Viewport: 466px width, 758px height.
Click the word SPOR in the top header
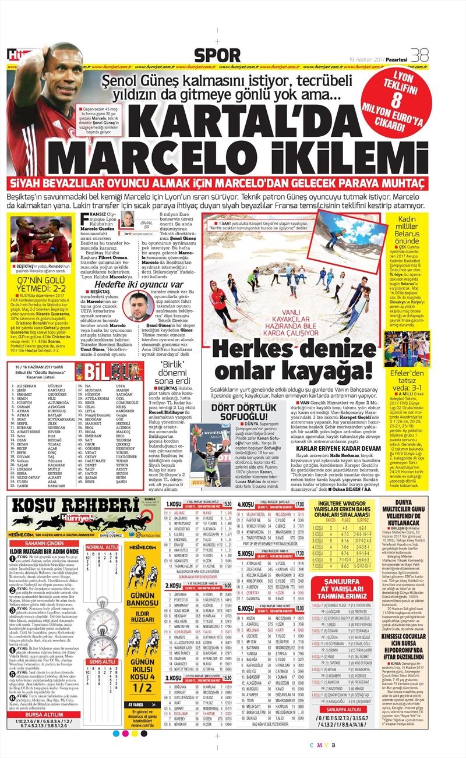pyautogui.click(x=217, y=55)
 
